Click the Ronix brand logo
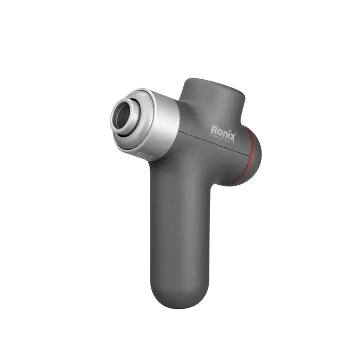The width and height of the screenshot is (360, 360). tap(224, 130)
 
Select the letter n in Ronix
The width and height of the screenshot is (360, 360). tap(226, 130)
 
